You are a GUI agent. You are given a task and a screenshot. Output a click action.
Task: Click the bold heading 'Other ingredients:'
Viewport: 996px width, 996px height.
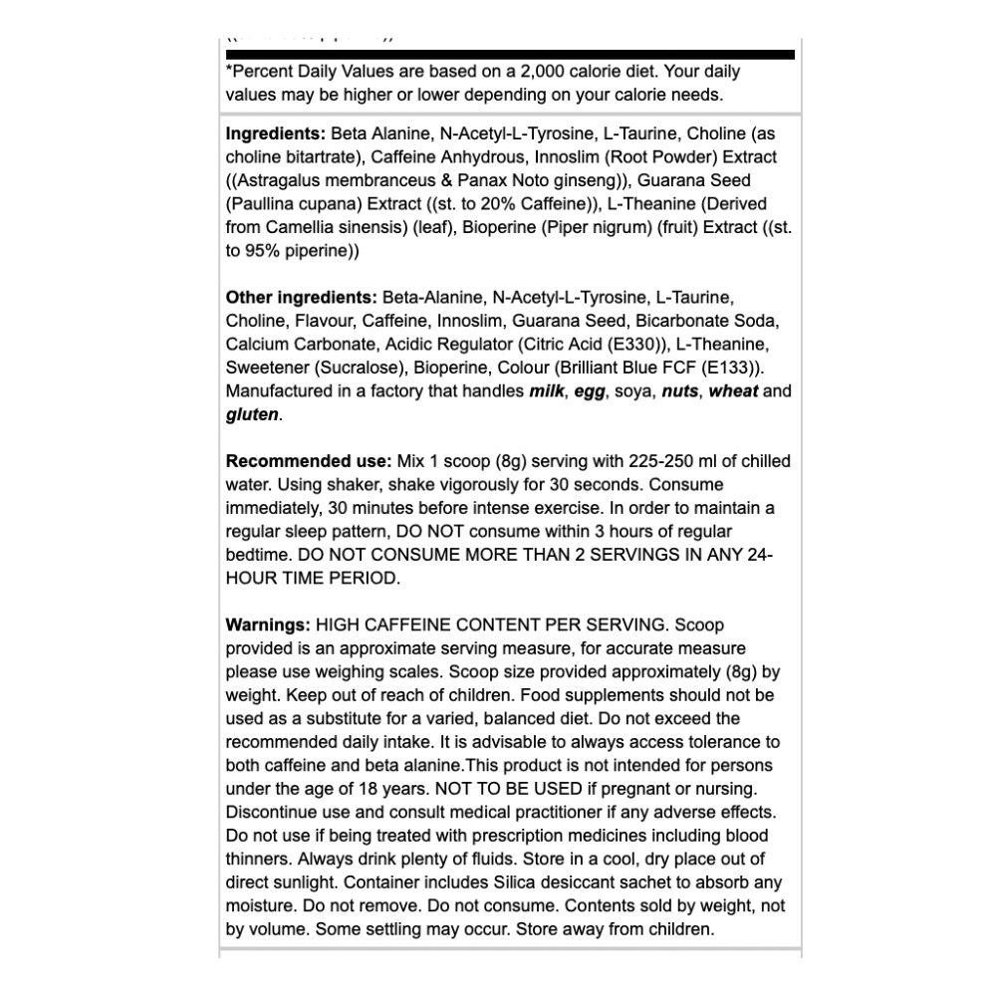(301, 297)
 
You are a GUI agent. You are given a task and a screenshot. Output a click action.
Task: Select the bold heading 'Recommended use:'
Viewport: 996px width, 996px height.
(309, 461)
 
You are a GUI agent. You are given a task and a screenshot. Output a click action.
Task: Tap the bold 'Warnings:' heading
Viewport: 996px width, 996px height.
(268, 625)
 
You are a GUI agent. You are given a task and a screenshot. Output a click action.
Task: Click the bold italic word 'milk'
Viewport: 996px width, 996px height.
(547, 391)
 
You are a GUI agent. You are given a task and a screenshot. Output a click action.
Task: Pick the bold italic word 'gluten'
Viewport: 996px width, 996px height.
(252, 414)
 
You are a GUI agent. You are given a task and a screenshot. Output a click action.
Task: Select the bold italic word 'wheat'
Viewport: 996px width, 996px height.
(733, 391)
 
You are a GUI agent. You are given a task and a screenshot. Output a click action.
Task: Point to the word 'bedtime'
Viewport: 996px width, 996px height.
(256, 555)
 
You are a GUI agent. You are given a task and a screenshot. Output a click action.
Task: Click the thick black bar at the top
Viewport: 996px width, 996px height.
(510, 54)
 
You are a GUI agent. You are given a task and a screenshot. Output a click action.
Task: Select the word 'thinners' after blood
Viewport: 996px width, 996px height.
(256, 859)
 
